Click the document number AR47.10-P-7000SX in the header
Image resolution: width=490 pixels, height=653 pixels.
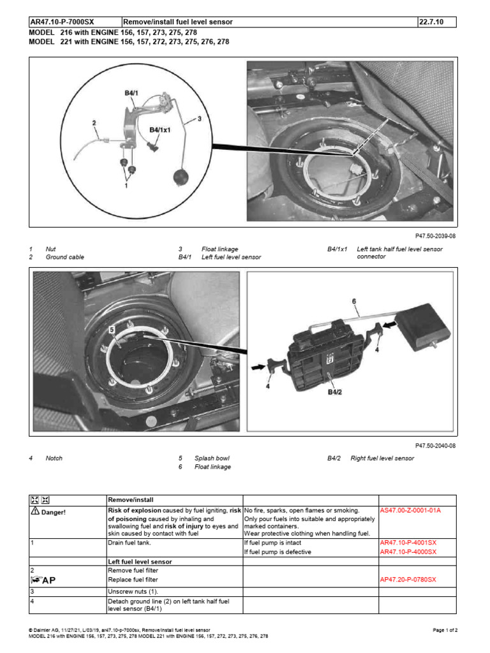click(x=62, y=22)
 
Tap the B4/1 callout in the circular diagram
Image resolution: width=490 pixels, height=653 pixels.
click(x=131, y=93)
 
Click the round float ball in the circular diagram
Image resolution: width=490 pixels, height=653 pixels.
click(x=181, y=177)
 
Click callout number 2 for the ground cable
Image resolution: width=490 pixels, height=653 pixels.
click(x=94, y=123)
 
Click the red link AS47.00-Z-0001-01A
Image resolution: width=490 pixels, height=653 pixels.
click(x=410, y=511)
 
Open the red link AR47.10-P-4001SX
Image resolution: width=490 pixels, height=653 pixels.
click(x=408, y=543)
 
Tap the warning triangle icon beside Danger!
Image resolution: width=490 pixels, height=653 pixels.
click(x=36, y=511)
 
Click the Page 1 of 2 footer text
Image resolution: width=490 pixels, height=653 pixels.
click(x=445, y=630)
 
